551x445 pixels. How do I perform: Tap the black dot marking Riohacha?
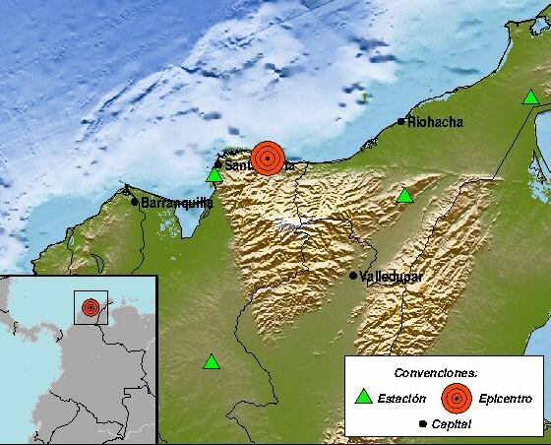[400, 122]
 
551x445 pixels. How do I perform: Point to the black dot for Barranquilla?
[135, 202]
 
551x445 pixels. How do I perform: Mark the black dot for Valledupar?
[353, 276]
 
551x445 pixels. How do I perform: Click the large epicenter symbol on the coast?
[267, 158]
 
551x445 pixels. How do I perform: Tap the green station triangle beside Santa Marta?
[214, 175]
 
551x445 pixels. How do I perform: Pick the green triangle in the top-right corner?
[530, 96]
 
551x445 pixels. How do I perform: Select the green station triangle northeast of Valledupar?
[404, 196]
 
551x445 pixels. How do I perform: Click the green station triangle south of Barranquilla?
[211, 362]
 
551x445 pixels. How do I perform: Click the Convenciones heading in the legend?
[436, 373]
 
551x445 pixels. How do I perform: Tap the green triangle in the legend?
[364, 398]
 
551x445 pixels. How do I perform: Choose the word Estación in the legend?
[403, 399]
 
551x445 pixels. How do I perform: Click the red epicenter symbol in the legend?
[456, 398]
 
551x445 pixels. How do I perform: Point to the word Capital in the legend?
[450, 424]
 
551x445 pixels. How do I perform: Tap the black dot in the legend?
[421, 424]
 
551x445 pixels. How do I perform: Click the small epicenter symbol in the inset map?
[91, 307]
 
